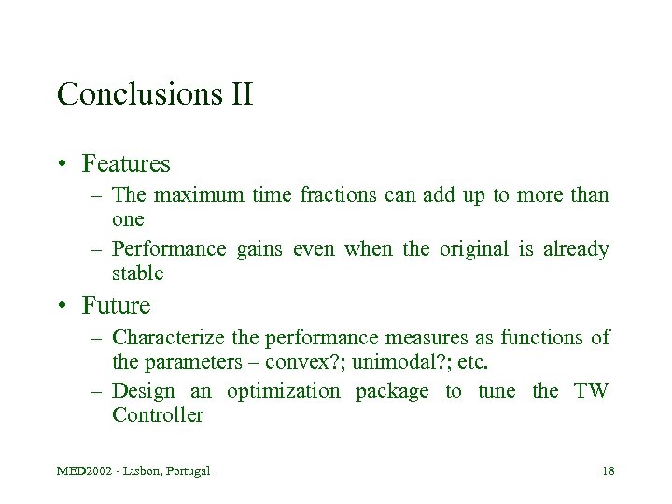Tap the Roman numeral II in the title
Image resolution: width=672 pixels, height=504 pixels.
click(240, 94)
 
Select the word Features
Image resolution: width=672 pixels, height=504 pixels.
click(126, 164)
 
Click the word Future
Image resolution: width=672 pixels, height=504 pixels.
click(116, 305)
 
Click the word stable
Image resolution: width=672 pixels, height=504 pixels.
click(137, 273)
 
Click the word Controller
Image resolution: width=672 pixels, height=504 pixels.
click(157, 415)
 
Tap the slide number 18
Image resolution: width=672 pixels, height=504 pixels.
click(608, 470)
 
